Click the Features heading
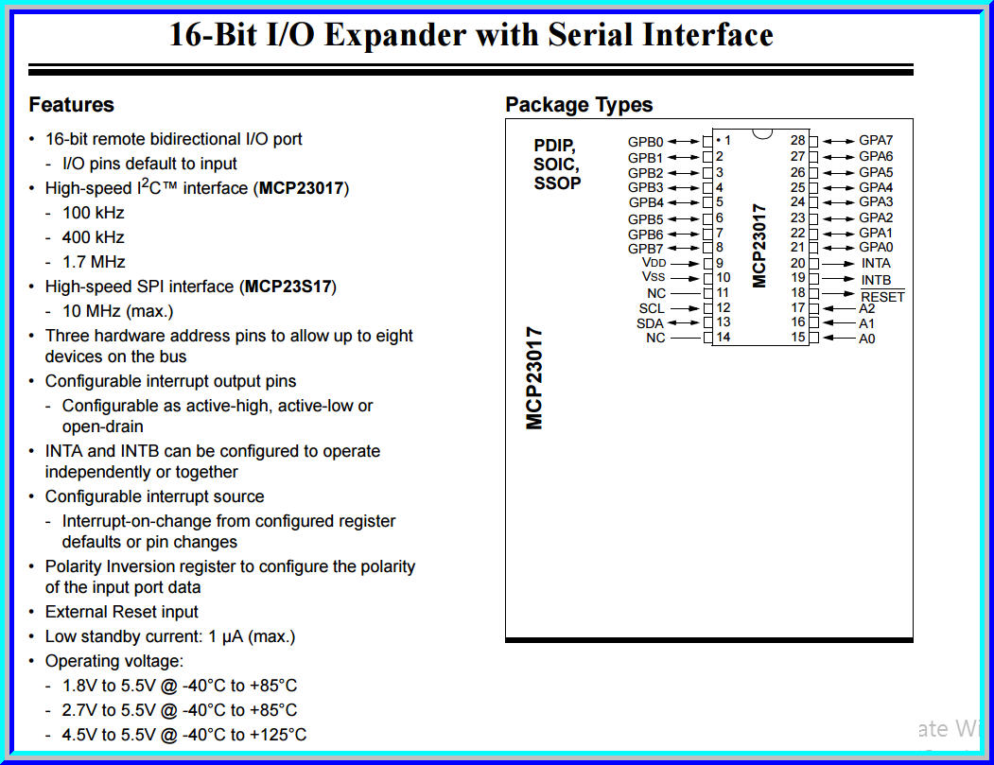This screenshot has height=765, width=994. click(x=71, y=105)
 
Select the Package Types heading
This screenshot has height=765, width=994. click(x=579, y=105)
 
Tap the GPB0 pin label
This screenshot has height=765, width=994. click(x=646, y=142)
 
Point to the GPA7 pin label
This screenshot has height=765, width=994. click(x=876, y=141)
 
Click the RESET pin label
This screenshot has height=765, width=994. click(x=882, y=297)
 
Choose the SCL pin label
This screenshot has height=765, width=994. click(x=652, y=308)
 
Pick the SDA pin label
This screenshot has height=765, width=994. click(x=651, y=323)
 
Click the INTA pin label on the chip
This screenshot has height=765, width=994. click(x=876, y=263)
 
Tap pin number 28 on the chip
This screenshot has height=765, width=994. click(x=797, y=141)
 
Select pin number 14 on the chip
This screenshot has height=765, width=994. click(x=724, y=338)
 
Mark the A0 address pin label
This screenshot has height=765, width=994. click(x=866, y=339)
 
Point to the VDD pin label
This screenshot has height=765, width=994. click(x=654, y=262)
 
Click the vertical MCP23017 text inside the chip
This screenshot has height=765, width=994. click(x=759, y=245)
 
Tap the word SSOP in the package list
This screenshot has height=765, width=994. click(x=557, y=183)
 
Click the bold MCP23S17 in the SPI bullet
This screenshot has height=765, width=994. click(x=288, y=287)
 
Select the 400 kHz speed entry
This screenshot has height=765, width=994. click(x=93, y=237)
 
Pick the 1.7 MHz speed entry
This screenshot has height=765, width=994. click(x=93, y=262)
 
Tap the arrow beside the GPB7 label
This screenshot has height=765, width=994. click(x=682, y=248)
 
